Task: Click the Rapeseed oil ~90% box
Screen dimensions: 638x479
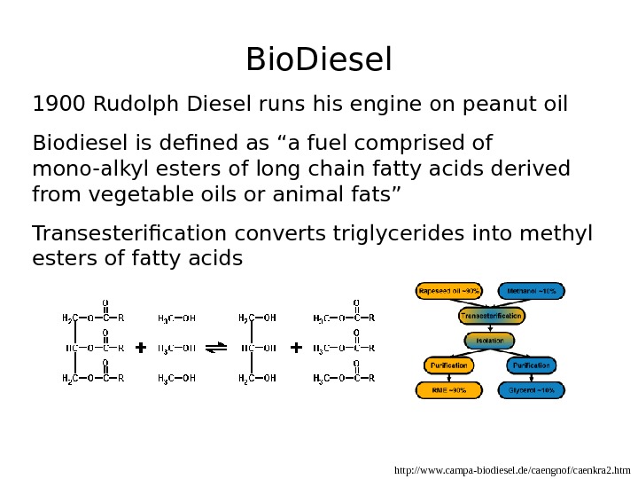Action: pos(449,291)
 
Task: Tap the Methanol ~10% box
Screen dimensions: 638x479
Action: pos(532,291)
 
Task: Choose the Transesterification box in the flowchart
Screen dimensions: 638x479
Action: pos(491,316)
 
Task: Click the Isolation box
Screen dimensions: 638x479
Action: pos(490,341)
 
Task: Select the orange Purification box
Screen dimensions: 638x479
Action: pos(449,365)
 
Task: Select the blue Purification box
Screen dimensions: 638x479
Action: pos(532,365)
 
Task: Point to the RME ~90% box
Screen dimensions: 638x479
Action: pos(449,389)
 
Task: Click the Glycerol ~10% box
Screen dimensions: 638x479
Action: pos(532,389)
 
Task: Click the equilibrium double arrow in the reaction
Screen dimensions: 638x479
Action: pos(216,348)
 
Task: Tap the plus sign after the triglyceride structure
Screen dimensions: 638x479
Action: pos(140,348)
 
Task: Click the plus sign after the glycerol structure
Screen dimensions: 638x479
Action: pos(296,348)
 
